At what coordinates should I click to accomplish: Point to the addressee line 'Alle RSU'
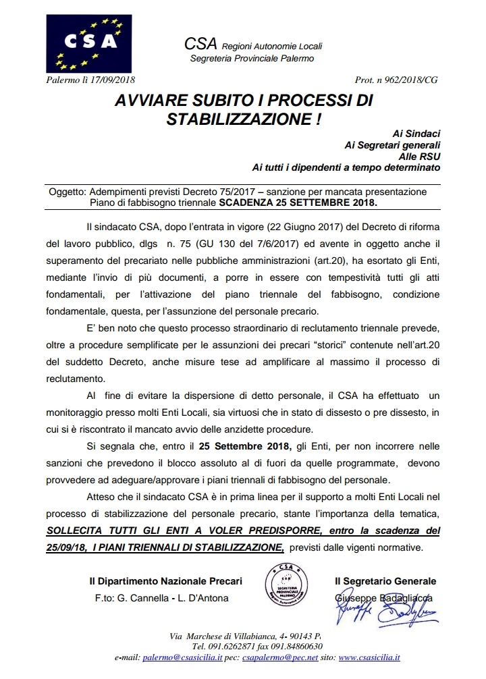pyautogui.click(x=421, y=155)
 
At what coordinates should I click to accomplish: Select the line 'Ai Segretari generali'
pyautogui.click(x=392, y=144)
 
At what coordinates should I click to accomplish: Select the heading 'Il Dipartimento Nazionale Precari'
pyautogui.click(x=165, y=581)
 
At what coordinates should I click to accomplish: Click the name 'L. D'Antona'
pyautogui.click(x=202, y=598)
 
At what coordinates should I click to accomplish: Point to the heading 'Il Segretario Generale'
pyautogui.click(x=385, y=581)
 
